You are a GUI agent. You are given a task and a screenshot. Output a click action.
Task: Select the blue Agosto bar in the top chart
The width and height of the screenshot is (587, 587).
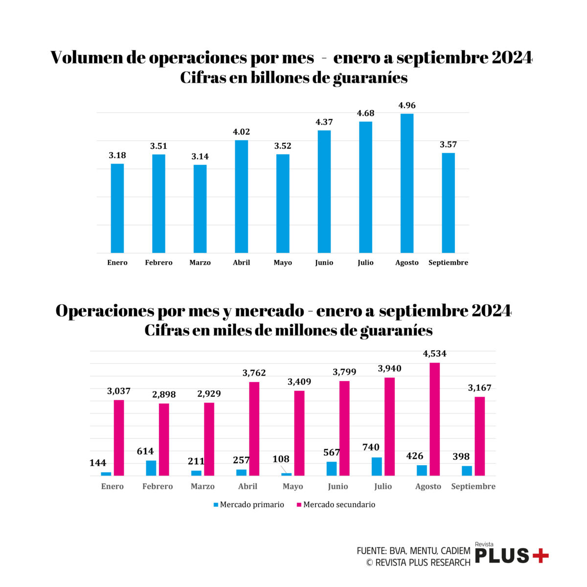(x=406, y=183)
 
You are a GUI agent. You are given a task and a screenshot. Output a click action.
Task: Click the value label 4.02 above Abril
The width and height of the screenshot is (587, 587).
(x=241, y=132)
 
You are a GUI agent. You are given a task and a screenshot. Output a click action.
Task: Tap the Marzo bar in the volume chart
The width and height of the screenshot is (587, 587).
(x=200, y=209)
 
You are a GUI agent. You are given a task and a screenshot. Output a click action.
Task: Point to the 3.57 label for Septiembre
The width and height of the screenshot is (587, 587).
(x=448, y=144)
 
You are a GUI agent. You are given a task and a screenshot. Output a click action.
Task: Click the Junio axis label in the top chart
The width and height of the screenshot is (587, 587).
(x=324, y=263)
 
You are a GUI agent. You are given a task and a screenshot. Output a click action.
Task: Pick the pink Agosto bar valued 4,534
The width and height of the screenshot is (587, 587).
(x=434, y=419)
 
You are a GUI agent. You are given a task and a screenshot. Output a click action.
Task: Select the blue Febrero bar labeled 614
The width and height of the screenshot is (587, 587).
(x=151, y=468)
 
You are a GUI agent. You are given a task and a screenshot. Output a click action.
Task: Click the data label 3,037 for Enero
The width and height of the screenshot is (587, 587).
(x=119, y=391)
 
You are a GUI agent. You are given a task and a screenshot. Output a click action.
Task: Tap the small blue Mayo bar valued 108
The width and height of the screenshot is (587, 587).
(x=286, y=474)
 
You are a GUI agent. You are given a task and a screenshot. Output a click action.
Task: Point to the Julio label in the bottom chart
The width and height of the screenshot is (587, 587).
(x=383, y=486)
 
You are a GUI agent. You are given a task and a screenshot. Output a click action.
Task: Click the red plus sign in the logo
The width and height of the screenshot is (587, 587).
(x=541, y=556)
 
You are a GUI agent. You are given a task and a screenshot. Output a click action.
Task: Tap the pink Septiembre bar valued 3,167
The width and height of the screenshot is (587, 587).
(x=479, y=436)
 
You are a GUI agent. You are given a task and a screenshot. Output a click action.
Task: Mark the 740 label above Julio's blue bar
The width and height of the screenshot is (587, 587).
(x=371, y=447)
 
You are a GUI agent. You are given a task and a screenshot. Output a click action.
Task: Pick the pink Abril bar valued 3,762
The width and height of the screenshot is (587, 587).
(x=254, y=429)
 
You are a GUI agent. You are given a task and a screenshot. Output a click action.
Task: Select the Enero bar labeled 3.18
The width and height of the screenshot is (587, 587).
(x=117, y=208)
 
